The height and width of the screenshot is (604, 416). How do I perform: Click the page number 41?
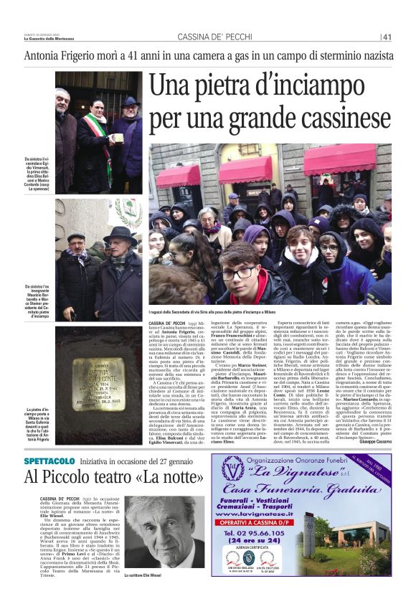point(387,37)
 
